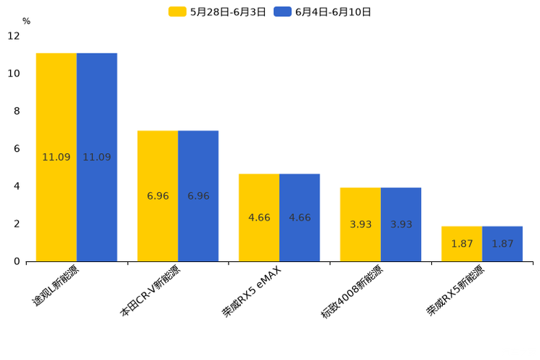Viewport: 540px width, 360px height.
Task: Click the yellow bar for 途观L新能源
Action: point(57,157)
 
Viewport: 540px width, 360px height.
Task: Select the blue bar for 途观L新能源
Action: point(97,157)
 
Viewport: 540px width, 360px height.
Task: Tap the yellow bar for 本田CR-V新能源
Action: point(157,196)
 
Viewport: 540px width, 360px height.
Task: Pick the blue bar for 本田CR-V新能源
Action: point(198,196)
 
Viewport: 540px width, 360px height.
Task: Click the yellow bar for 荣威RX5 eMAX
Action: point(259,217)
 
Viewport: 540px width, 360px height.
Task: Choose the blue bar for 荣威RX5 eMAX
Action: point(300,217)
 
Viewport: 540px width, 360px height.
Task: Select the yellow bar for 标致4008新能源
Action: point(361,224)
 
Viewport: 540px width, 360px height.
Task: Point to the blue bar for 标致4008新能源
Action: point(401,224)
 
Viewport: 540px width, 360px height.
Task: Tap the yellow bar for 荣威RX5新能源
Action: point(462,244)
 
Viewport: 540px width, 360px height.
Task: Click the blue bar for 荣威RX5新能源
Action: point(502,244)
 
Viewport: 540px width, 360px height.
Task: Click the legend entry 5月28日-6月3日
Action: point(218,12)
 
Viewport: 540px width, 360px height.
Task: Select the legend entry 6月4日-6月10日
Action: point(323,12)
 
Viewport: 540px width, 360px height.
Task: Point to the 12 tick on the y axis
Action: point(14,36)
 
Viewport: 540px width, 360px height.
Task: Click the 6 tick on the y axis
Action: point(17,149)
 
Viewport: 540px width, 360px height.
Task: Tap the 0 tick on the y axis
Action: point(17,261)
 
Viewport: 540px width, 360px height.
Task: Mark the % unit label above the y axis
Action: point(26,21)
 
